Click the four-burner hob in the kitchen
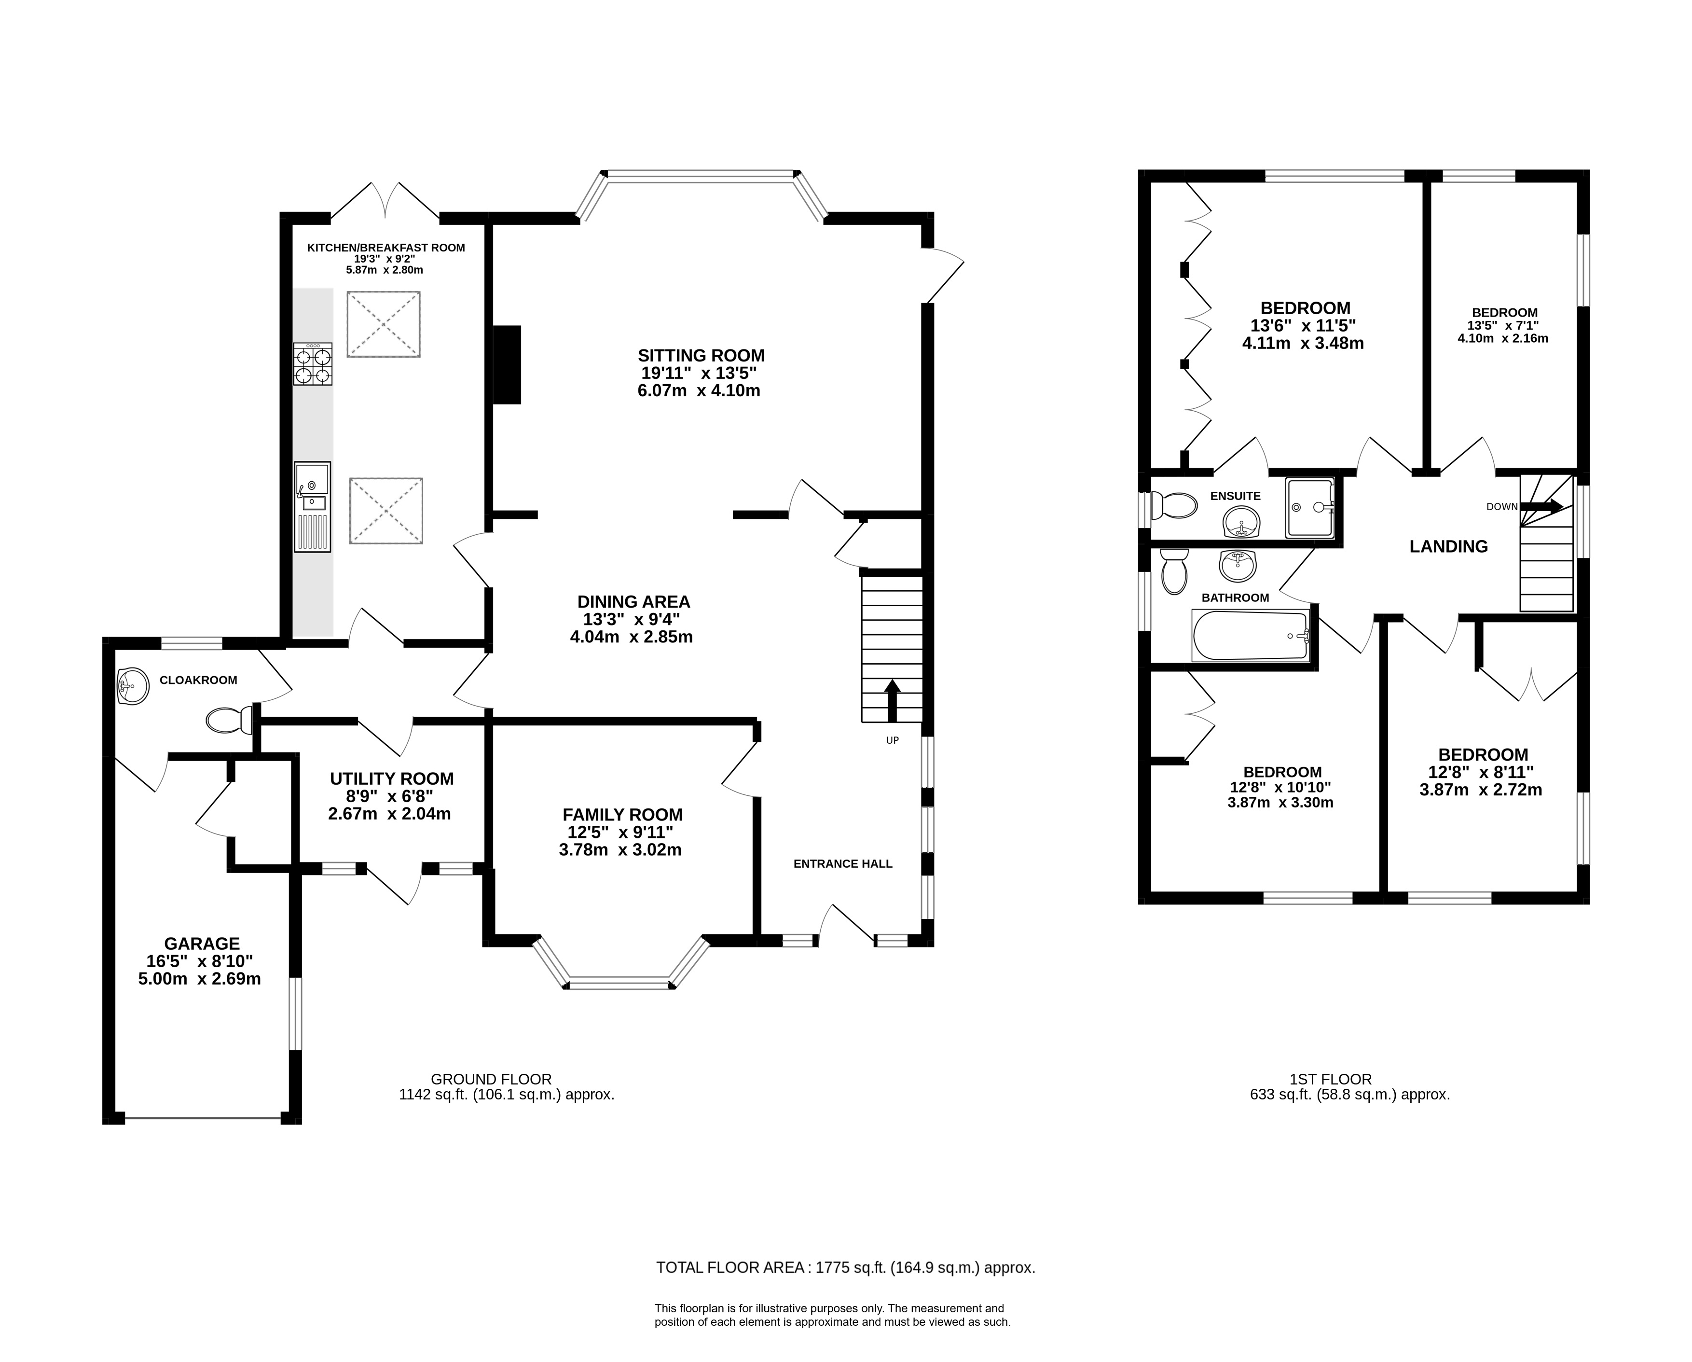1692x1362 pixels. (312, 364)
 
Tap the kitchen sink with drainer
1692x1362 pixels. (312, 507)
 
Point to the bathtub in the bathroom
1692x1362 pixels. (1251, 635)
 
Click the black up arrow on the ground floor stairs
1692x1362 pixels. (892, 701)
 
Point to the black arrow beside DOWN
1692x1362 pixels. (1542, 506)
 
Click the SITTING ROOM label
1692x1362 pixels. (701, 356)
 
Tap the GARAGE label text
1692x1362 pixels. (202, 944)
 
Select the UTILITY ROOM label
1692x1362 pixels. (392, 779)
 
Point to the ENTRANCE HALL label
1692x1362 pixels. (843, 863)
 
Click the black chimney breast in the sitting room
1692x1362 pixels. (507, 365)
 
